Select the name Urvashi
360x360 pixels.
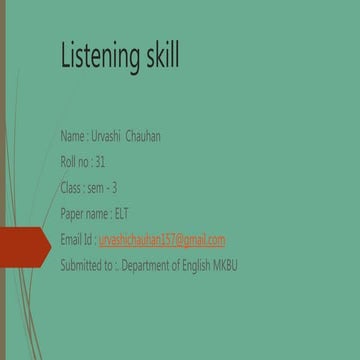point(107,136)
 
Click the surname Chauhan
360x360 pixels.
point(142,136)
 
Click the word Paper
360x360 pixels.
point(73,213)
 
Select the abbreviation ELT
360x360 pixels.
point(122,213)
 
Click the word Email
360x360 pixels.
point(73,239)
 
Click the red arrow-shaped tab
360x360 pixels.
point(24,241)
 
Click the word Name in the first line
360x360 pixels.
point(72,136)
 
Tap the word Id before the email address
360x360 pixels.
point(91,239)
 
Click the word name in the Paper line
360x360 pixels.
point(99,213)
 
